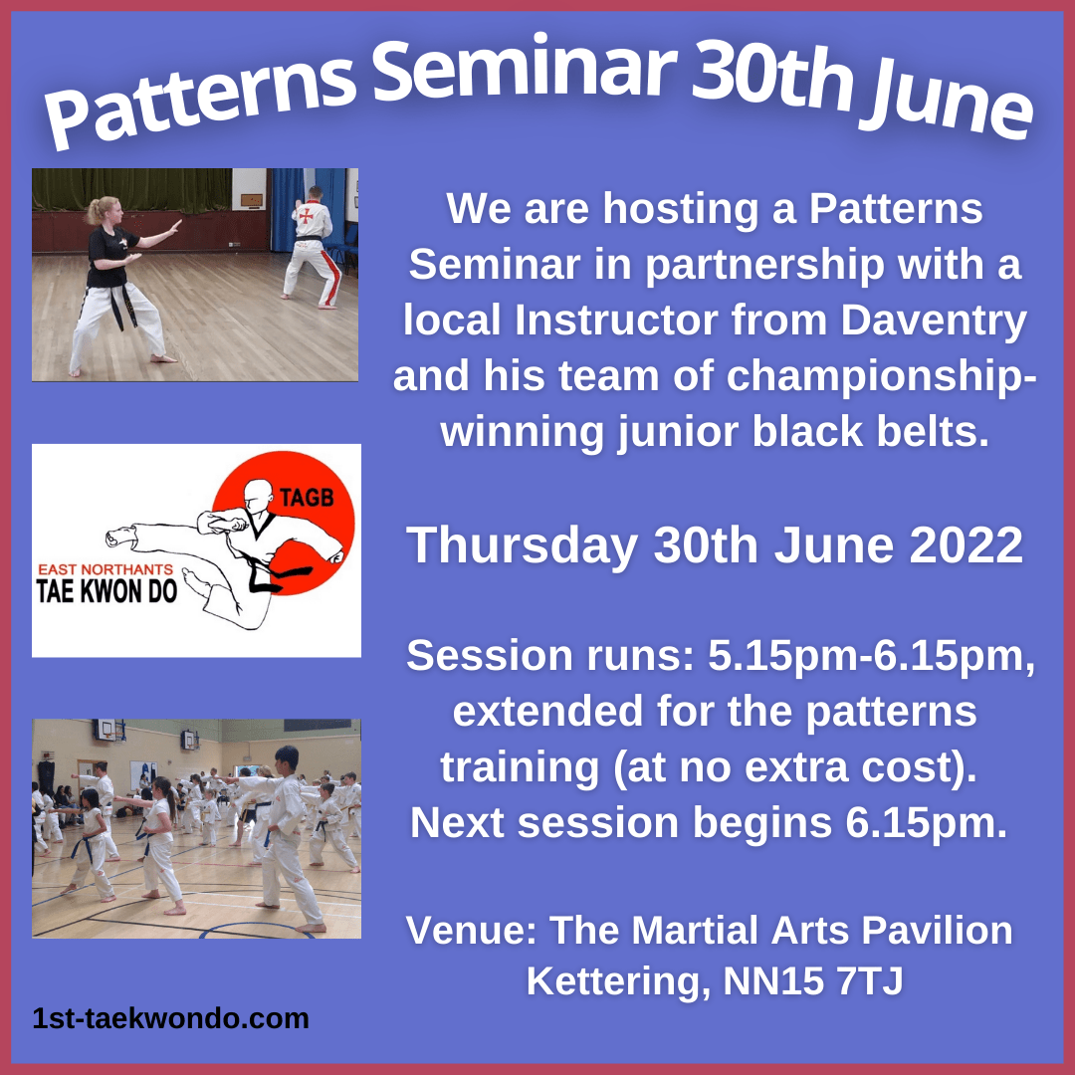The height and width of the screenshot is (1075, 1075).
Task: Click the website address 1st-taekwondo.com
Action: click(171, 1019)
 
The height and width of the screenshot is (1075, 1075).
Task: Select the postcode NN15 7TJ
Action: click(813, 981)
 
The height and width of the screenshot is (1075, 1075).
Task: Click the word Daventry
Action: click(934, 321)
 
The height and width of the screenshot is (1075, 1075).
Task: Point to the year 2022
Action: click(966, 545)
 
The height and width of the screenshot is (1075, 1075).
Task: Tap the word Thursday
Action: click(522, 546)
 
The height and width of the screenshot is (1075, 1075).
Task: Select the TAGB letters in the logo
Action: click(306, 497)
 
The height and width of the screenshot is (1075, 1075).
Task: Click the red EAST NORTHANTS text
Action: click(106, 569)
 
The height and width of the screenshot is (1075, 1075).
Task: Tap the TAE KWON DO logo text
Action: click(107, 592)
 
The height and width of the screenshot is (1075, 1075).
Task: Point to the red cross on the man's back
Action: click(307, 215)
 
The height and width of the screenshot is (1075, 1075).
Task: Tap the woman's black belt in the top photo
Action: click(120, 301)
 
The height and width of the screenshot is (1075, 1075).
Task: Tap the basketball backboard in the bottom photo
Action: click(107, 730)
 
